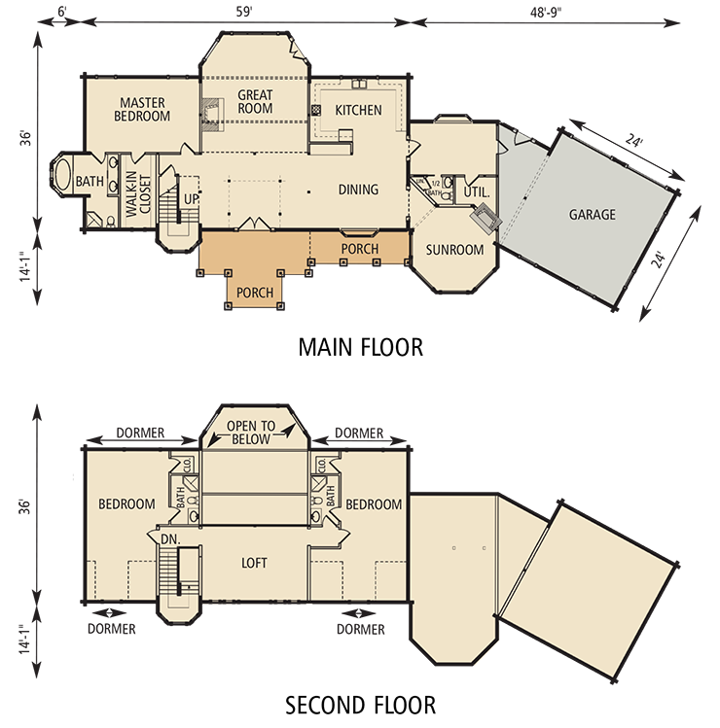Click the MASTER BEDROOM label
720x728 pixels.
(144, 109)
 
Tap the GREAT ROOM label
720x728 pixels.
(255, 101)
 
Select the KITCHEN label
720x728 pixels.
(358, 110)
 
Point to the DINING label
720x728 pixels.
(358, 190)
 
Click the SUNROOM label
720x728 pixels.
(454, 250)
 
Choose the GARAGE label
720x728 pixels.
(592, 215)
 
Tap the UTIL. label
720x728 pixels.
(476, 191)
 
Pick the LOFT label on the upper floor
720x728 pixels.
(254, 563)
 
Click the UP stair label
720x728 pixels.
(191, 199)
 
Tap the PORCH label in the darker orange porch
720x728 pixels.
(255, 291)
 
